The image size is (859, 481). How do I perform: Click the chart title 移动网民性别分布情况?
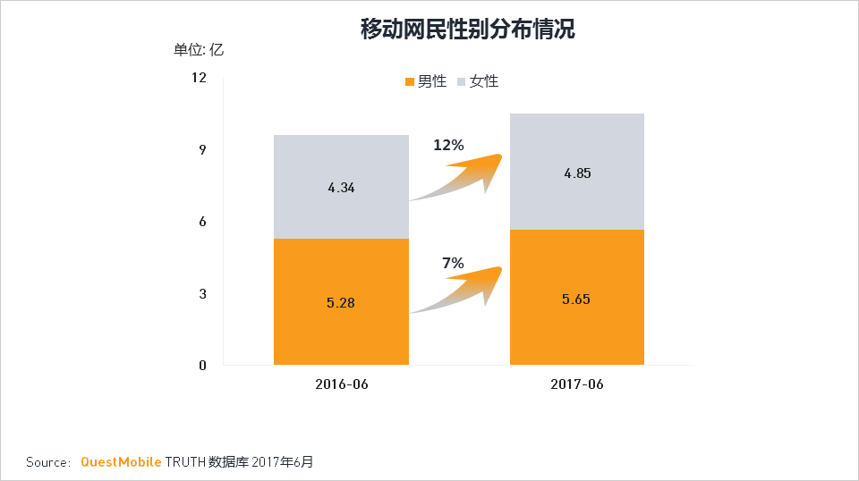[467, 30]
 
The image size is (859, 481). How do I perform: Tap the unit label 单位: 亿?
[199, 50]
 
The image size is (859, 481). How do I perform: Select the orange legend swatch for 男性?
[411, 81]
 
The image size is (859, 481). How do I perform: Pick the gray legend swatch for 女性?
[462, 81]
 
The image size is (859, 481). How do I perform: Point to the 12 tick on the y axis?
[199, 78]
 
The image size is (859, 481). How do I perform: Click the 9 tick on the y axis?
[202, 149]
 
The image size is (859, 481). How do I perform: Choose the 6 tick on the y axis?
[202, 222]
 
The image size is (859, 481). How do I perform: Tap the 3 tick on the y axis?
[202, 293]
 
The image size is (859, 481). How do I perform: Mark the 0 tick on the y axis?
[202, 365]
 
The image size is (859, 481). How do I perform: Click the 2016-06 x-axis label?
[341, 384]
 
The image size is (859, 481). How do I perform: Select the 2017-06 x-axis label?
[577, 384]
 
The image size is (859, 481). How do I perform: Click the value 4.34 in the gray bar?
[341, 188]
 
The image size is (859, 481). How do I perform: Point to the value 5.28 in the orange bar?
[341, 303]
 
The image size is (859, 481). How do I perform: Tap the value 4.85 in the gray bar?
[577, 173]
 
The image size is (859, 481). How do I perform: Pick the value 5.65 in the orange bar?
[577, 299]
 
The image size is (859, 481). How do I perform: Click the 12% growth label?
[448, 145]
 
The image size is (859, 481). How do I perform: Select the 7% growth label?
[453, 263]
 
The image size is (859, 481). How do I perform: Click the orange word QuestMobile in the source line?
[121, 462]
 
